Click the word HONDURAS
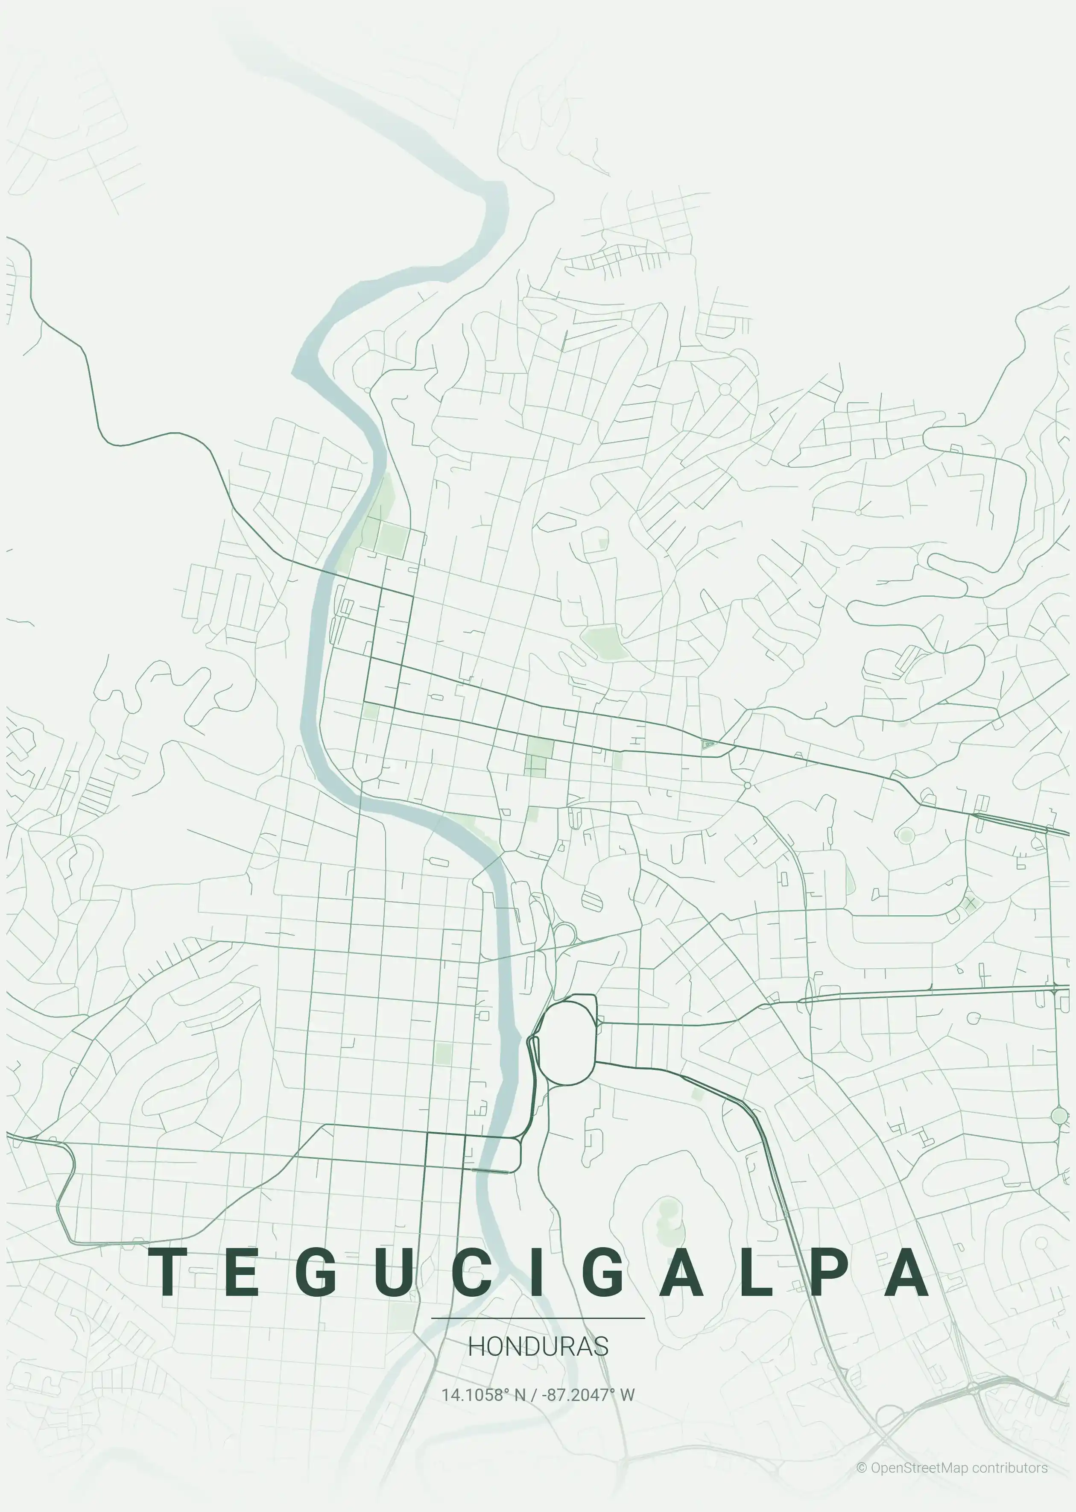click(538, 1346)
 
